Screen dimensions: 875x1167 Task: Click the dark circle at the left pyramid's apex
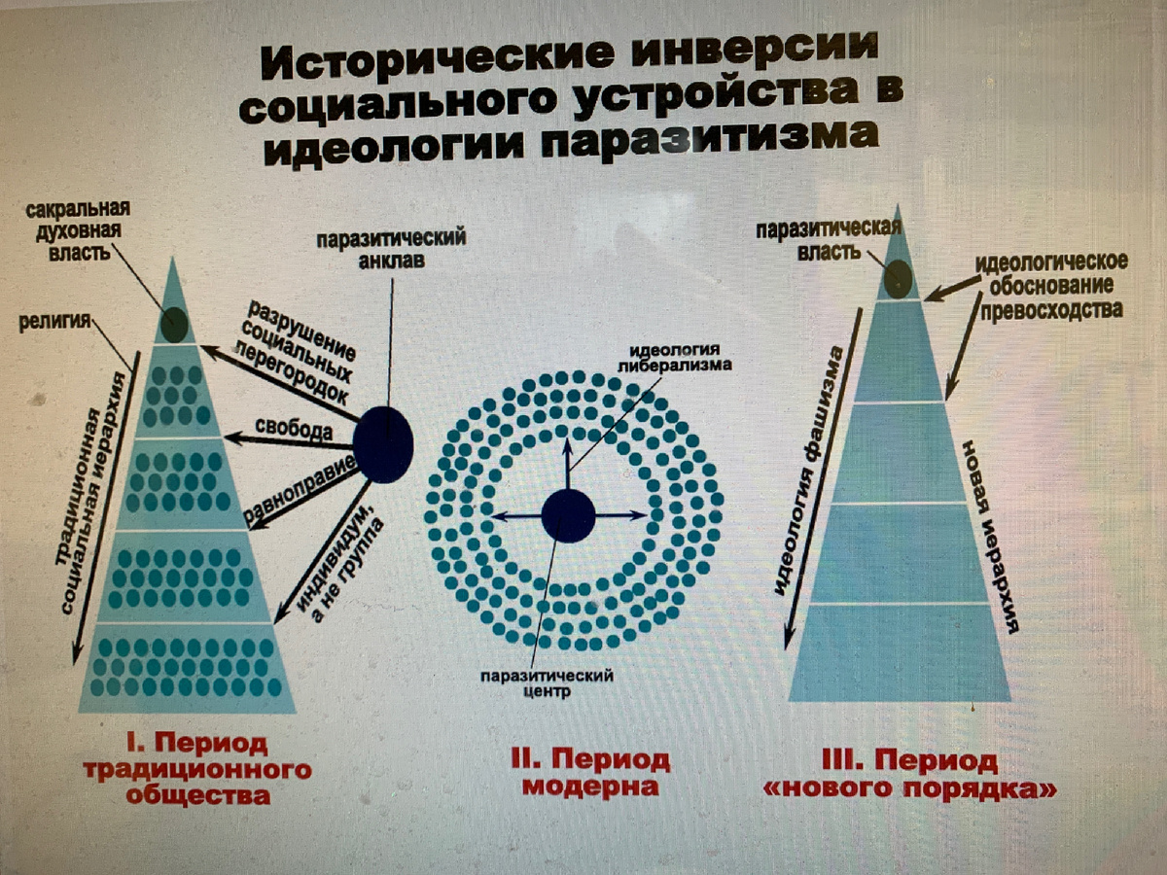174,324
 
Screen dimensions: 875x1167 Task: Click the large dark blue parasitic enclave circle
383,444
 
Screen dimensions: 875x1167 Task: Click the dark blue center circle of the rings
568,515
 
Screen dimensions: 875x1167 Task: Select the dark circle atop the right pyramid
898,279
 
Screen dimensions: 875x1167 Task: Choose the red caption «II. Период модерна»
591,772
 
